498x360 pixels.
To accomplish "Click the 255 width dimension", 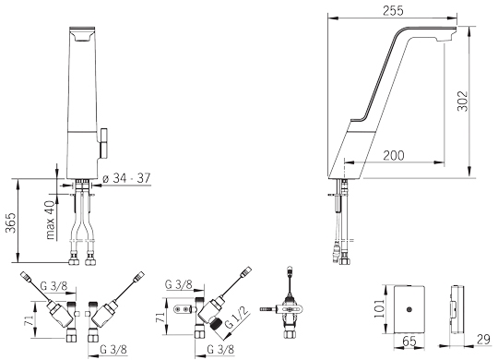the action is click(x=393, y=10).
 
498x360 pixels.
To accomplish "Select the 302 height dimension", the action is click(x=463, y=102).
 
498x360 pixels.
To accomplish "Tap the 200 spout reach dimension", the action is click(x=394, y=155).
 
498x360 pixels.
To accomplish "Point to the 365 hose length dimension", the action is click(x=11, y=222).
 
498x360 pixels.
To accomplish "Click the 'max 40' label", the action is click(x=50, y=220).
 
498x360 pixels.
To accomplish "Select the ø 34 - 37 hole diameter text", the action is click(x=126, y=178).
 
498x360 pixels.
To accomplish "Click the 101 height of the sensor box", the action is click(x=379, y=307).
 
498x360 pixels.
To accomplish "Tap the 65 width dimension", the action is click(x=409, y=342).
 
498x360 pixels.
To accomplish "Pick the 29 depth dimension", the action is click(x=484, y=340).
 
